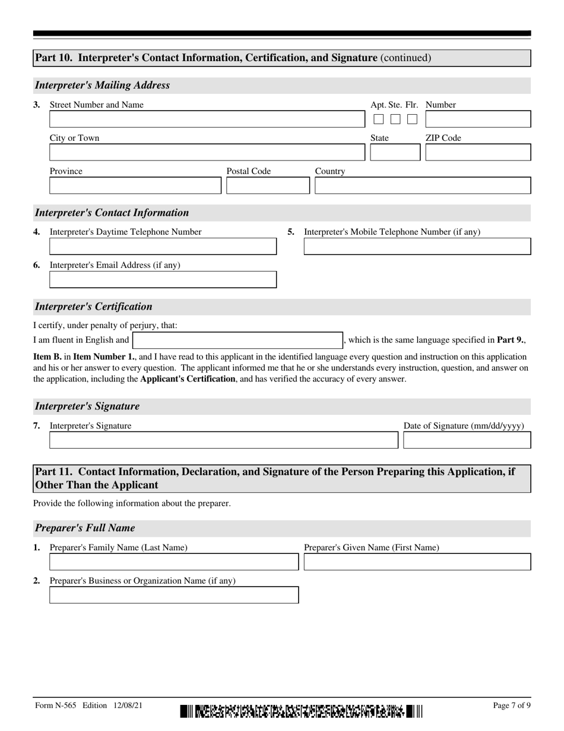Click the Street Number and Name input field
coord(207,119)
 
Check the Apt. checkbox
coord(379,119)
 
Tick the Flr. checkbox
coord(412,119)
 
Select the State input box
coord(394,153)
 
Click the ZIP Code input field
coord(478,153)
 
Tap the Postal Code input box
coord(268,186)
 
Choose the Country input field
coord(423,186)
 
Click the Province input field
coord(135,186)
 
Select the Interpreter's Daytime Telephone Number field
coord(163,247)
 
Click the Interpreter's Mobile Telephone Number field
coord(417,247)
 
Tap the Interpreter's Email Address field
coord(163,280)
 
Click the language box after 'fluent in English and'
coord(237,341)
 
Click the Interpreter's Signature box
coord(223,440)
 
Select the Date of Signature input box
coord(467,440)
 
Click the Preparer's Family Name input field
coord(174,562)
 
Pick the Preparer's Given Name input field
coord(417,562)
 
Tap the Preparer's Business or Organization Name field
coord(174,595)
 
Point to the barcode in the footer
coord(302,711)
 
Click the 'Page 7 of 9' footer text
coord(512,705)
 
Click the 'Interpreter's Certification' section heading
coord(94,307)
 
